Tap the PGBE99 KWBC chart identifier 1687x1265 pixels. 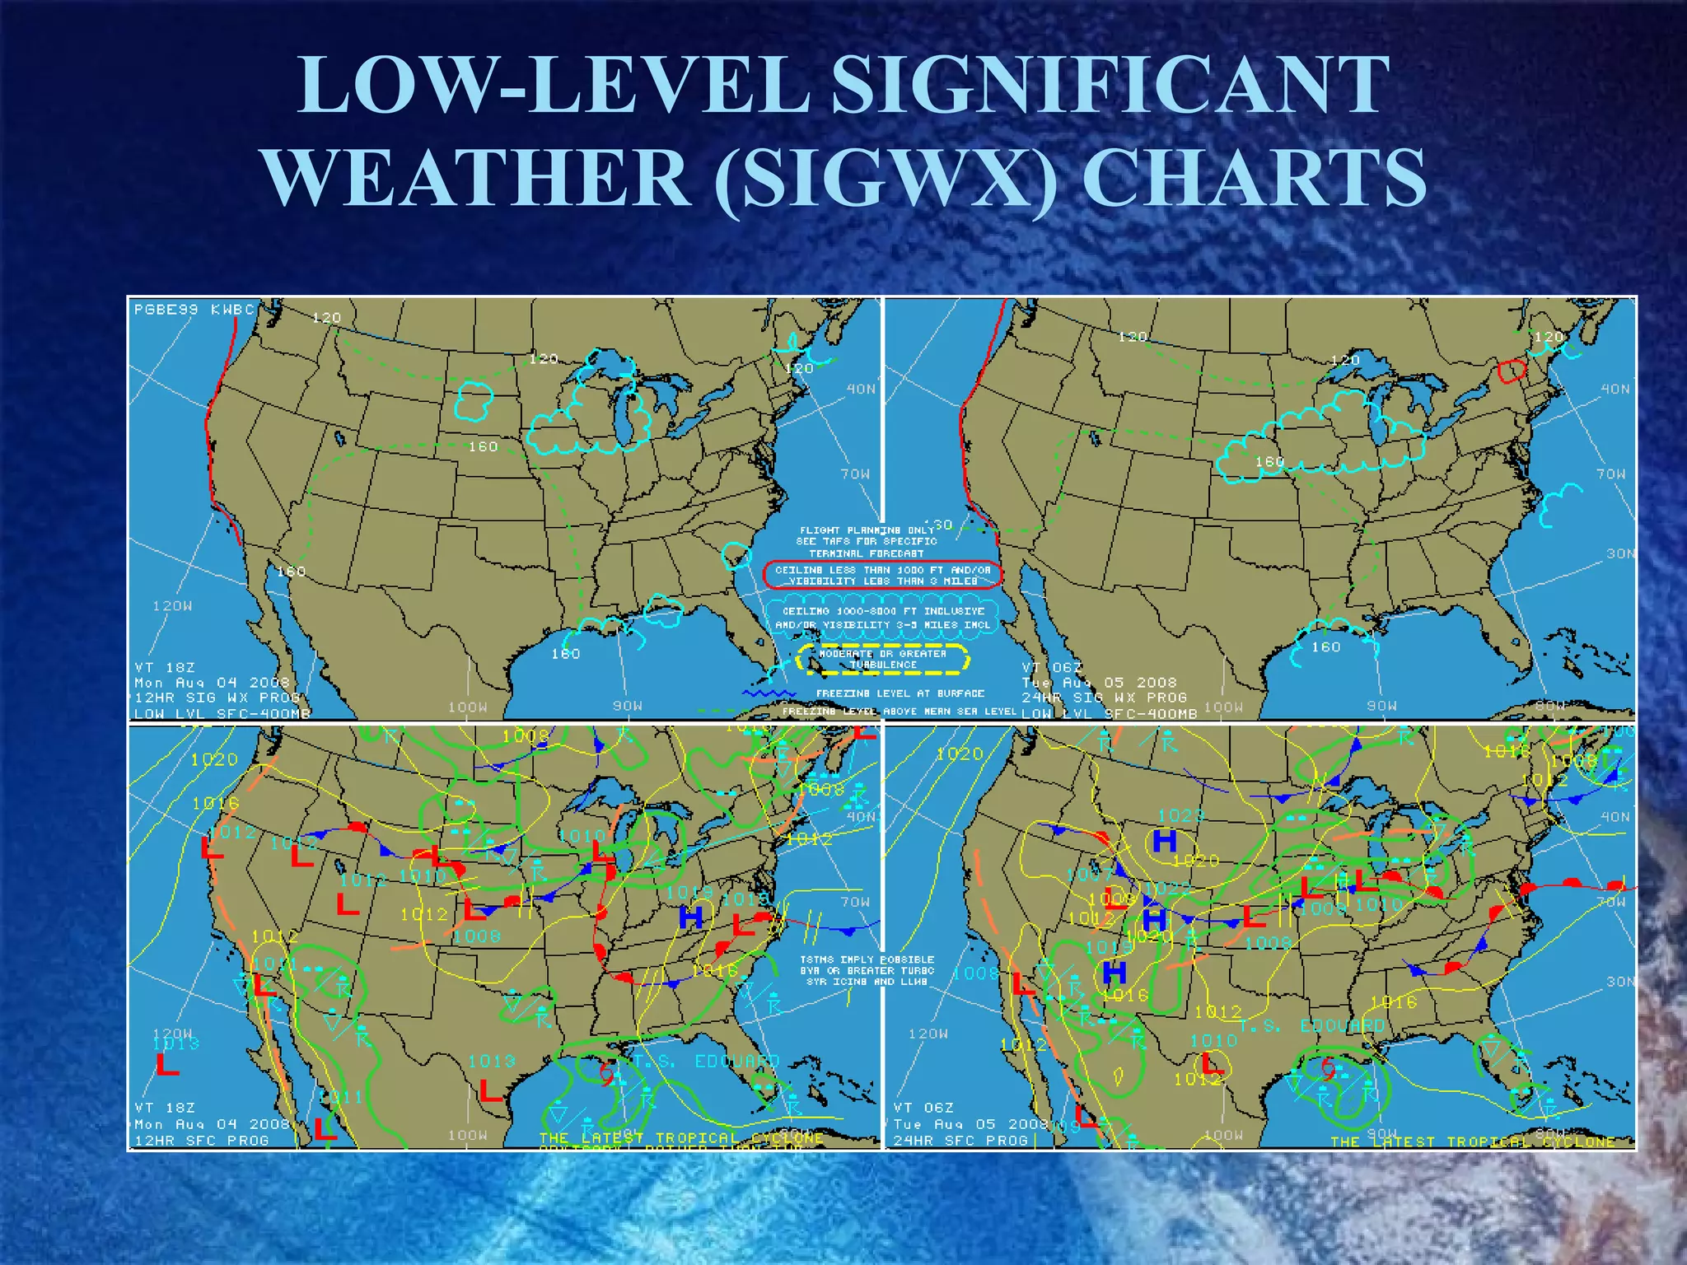[x=194, y=310]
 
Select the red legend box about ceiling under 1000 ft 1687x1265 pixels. [x=882, y=575]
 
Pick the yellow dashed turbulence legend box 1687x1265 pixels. [x=882, y=659]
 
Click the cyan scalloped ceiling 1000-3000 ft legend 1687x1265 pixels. [x=882, y=618]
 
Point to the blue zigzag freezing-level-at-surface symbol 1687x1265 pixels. [x=769, y=693]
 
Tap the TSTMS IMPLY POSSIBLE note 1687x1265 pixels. [x=867, y=960]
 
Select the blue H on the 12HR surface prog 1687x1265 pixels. [x=691, y=917]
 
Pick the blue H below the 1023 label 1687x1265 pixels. [x=1164, y=841]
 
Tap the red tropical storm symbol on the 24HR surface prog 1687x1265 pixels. [x=1328, y=1068]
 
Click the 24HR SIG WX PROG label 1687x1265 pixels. [x=1104, y=698]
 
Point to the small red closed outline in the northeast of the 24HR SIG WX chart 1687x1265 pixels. [x=1512, y=371]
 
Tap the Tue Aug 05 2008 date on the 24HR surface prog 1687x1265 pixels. [x=970, y=1124]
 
